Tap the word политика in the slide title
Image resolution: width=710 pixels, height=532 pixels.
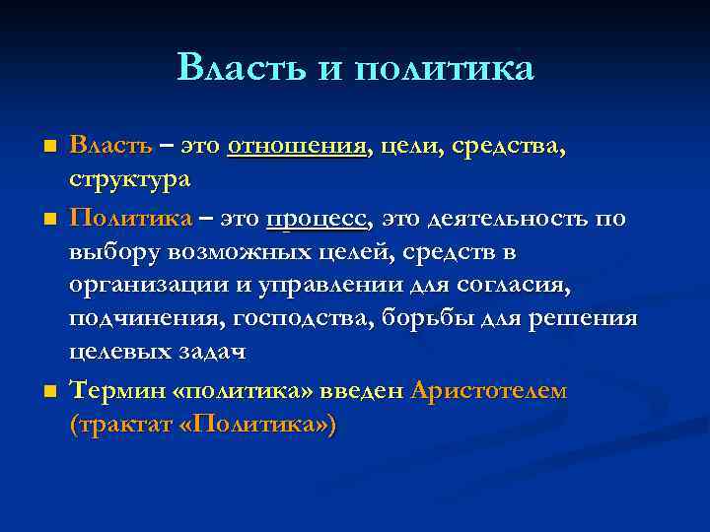[442, 68]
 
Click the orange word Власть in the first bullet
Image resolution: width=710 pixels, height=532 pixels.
[110, 147]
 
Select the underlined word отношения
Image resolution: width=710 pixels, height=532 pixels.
[297, 148]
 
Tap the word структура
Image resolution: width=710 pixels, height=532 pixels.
[130, 181]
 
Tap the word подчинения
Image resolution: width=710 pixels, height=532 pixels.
[138, 320]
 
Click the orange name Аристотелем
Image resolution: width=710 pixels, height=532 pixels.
[488, 391]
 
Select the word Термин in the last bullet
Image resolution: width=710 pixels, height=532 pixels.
[117, 391]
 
